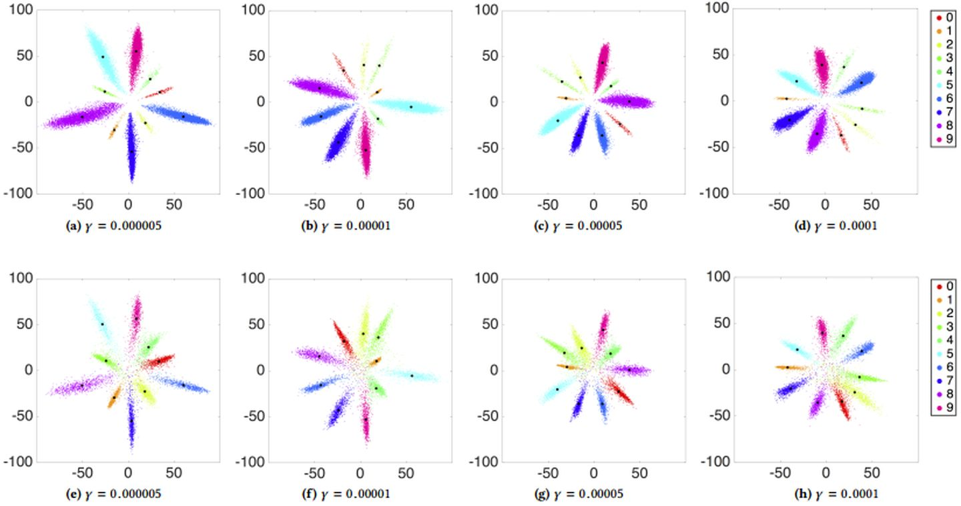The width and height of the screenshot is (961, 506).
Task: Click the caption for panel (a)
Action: point(115,226)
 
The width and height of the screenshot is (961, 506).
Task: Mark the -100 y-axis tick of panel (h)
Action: point(716,461)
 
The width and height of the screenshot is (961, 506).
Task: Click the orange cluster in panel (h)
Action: point(788,367)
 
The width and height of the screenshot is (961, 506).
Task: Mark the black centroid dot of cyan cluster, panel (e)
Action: point(102,324)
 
